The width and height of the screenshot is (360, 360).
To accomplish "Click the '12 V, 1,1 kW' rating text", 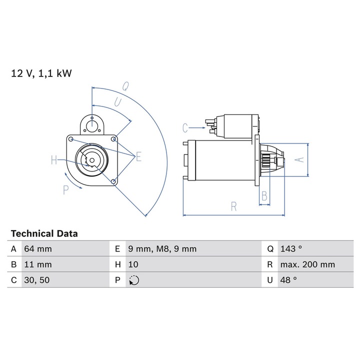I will click(41, 73).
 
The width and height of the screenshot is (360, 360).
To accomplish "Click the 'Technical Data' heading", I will click(44, 233).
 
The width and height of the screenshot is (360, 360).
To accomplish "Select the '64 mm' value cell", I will click(37, 248).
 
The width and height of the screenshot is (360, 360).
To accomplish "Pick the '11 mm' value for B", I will click(37, 264).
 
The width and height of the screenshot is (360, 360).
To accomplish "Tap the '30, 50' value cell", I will click(37, 280).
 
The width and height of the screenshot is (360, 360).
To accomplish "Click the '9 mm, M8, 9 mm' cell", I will click(162, 248).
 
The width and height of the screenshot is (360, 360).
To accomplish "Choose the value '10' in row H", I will click(133, 264).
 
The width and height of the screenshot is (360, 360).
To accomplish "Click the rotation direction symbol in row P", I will click(133, 280).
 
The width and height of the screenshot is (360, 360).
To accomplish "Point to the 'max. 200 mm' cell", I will click(307, 264).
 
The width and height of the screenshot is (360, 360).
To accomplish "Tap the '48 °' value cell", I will click(289, 280).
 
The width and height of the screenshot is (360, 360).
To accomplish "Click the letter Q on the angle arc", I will click(126, 85).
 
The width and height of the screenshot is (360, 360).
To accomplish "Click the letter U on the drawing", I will click(117, 102).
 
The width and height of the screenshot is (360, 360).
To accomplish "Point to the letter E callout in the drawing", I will click(138, 157).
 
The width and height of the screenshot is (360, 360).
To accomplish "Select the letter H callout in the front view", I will click(54, 160).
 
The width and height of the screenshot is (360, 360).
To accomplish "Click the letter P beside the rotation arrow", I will click(65, 190).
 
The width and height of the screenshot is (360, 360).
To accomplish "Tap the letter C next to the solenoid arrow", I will click(185, 128).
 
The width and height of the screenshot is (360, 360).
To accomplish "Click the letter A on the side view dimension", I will click(299, 159).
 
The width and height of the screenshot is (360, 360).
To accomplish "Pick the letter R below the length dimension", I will click(233, 206).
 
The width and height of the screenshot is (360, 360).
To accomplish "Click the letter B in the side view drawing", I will click(265, 195).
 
